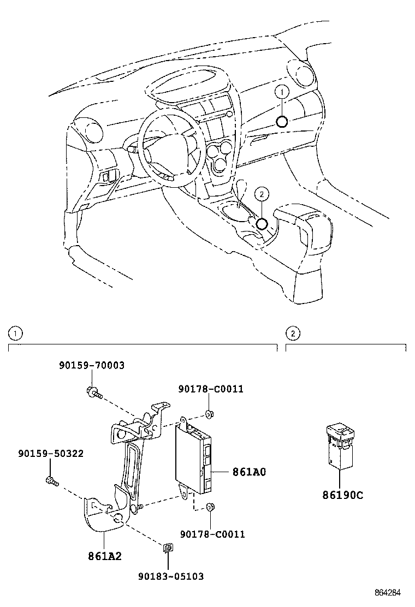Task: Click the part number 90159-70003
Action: pos(92,365)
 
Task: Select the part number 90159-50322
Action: pos(50,454)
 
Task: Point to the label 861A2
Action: pos(104,556)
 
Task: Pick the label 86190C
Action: pos(342,495)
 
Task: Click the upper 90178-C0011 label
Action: pos(211,389)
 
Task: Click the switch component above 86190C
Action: pos(340,447)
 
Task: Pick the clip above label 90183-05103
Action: pos(169,548)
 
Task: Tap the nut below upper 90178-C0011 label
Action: pos(209,412)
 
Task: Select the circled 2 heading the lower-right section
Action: pos(293,333)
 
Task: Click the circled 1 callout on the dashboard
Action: pos(281,93)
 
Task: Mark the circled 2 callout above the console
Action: pos(262,193)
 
